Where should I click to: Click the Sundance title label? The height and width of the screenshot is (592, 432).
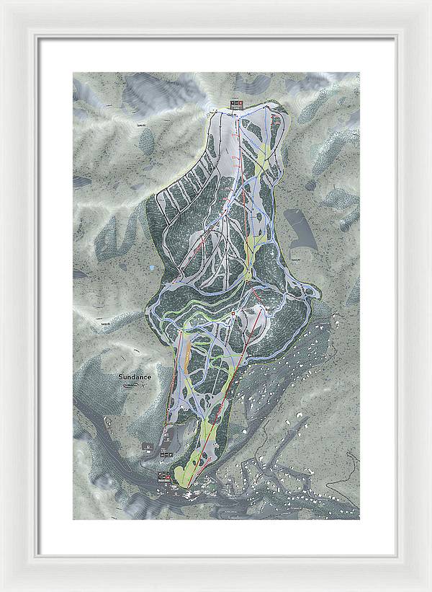tap(135, 377)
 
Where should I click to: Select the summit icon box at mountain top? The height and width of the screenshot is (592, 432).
tap(235, 104)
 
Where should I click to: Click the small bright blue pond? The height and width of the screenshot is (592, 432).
tap(151, 267)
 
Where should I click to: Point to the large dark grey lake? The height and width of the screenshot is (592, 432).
tap(300, 226)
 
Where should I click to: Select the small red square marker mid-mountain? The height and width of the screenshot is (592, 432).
tap(235, 314)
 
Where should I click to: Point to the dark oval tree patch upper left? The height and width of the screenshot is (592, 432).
tap(147, 141)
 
